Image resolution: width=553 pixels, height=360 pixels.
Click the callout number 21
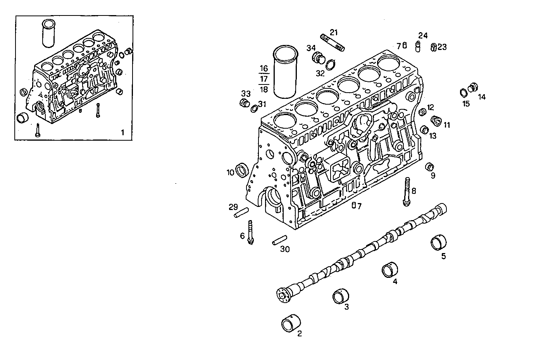[334, 32]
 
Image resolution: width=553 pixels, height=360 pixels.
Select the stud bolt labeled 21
[332, 43]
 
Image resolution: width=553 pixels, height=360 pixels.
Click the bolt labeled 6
[250, 232]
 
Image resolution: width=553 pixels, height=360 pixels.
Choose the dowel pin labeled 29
[240, 213]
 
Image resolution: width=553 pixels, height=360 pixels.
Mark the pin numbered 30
[279, 241]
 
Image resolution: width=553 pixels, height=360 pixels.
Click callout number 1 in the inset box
[122, 133]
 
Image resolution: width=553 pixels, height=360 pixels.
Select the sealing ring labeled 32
[331, 64]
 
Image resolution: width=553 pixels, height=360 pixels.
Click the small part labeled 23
[434, 47]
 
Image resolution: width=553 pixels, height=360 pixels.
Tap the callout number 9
[433, 176]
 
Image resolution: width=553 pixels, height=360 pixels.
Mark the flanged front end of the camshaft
[284, 295]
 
